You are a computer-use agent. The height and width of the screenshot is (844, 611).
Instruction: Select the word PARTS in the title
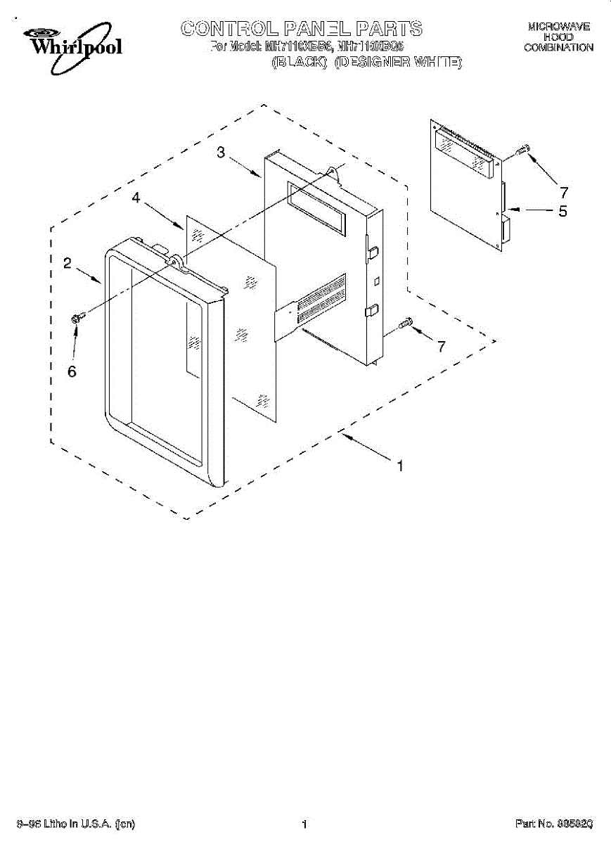click(389, 28)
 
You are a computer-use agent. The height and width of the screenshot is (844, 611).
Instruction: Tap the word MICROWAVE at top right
click(559, 27)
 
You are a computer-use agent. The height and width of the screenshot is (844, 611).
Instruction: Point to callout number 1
click(400, 465)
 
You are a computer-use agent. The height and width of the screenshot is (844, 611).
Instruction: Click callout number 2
click(67, 264)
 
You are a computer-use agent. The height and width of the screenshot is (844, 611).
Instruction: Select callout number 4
click(136, 199)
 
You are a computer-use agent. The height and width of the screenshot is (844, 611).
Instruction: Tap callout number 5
click(562, 210)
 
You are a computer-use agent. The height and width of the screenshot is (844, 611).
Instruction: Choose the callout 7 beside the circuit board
click(563, 191)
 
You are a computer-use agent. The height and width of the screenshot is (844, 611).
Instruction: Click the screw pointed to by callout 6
click(77, 319)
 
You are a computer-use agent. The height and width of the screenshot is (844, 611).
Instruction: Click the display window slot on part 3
click(317, 207)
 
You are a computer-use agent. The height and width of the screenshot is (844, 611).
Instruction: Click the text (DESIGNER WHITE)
click(399, 62)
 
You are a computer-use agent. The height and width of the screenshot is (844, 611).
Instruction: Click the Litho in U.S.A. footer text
click(76, 824)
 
